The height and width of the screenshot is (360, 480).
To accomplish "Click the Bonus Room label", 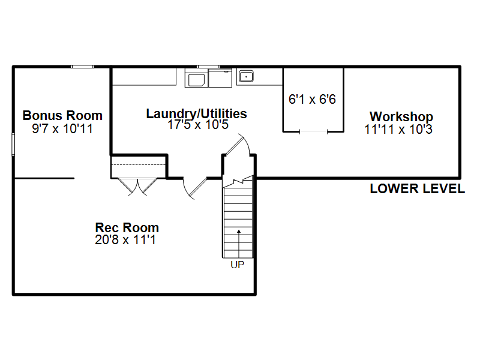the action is coord(62,116).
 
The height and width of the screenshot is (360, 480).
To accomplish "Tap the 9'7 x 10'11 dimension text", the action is coord(62,128).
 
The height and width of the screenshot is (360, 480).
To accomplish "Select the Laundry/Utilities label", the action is coord(197,114).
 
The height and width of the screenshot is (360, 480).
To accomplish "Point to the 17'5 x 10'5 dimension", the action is coord(198,125).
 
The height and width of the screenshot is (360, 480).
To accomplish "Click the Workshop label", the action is coord(401,116).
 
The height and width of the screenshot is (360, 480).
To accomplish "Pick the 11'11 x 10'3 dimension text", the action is coord(398,129).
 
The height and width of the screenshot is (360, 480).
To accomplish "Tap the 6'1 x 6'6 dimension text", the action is coord(312,99).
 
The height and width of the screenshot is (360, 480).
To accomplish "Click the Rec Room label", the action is coord(127,228).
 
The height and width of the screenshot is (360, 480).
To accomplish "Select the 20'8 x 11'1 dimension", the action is coord(125,239).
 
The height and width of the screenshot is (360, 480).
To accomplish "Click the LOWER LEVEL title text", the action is coord(418,188).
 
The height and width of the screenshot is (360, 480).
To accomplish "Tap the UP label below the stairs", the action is coord(238,265).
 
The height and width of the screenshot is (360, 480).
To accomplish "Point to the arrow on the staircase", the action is coord(239,244).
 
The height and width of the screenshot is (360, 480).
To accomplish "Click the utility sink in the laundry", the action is coord(246,77).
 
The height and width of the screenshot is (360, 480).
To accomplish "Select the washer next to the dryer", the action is coord(196,78).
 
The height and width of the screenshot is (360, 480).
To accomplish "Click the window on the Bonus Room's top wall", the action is coord(82,67).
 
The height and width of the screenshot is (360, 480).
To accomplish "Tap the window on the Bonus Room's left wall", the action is coord(13,145).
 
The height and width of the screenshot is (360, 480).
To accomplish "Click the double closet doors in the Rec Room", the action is coord(138,187).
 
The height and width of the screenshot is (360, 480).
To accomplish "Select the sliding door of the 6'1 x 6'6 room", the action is coord(313,131).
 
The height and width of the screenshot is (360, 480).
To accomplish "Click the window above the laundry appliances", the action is coord(208,67).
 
